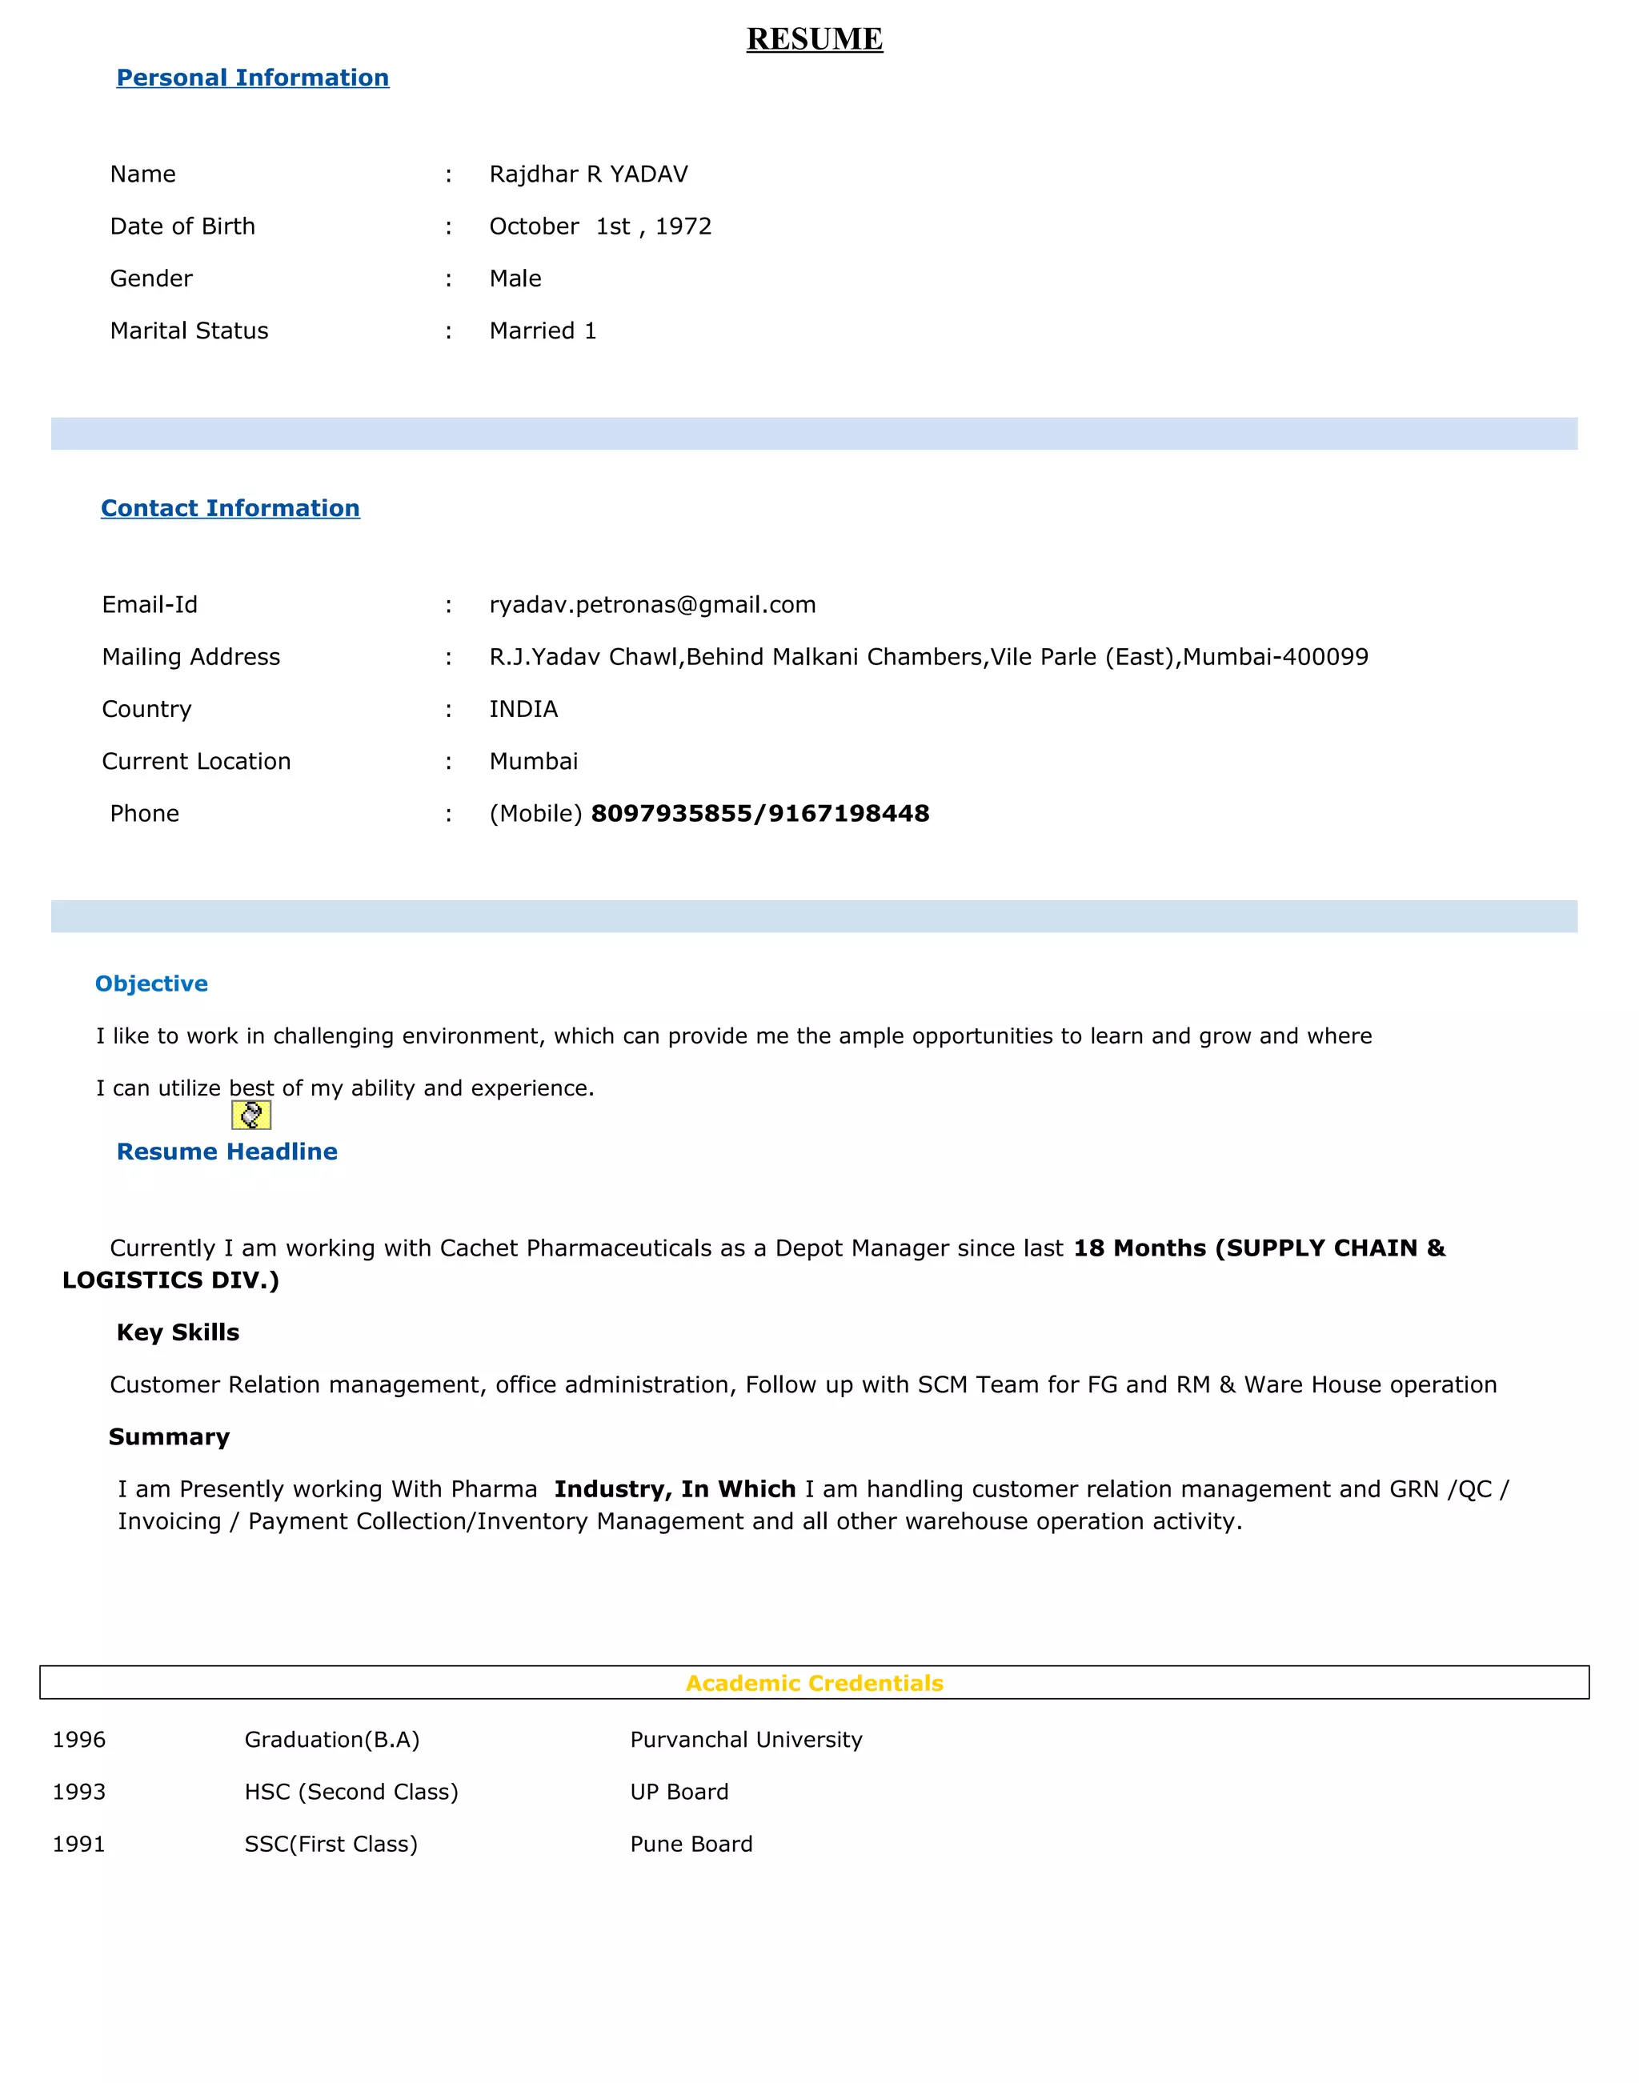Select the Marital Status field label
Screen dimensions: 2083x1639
[x=189, y=331]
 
